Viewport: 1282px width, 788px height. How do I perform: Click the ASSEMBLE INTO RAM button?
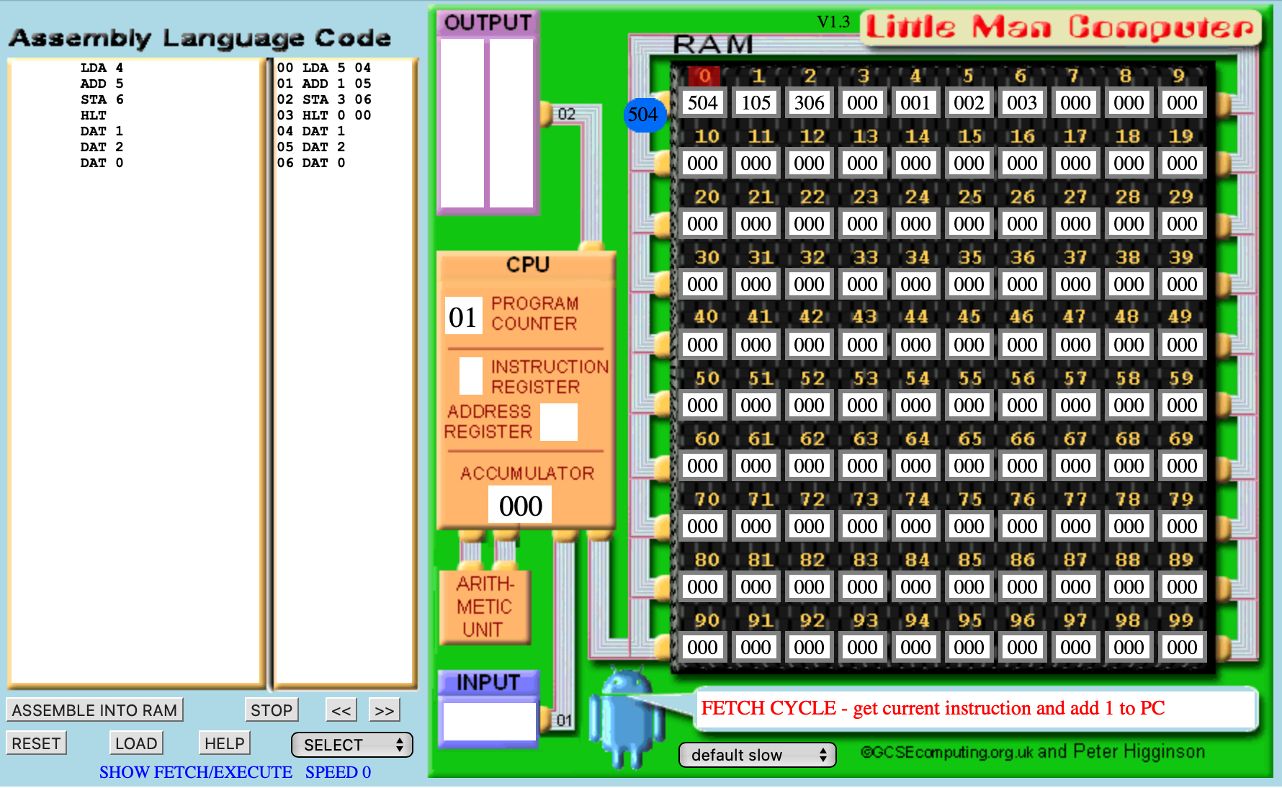point(94,710)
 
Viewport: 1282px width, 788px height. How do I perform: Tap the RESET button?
point(36,743)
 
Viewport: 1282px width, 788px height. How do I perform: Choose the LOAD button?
point(136,743)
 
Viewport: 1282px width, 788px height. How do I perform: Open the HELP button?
point(225,743)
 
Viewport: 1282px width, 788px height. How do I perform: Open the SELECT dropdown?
point(352,745)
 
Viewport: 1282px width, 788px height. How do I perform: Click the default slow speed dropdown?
point(758,755)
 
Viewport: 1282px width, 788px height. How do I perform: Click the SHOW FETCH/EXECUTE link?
point(196,772)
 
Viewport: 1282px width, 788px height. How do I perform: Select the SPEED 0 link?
point(338,772)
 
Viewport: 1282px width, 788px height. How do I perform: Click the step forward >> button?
point(385,710)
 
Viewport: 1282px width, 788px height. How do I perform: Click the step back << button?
point(341,710)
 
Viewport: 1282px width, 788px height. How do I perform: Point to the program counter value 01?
point(463,316)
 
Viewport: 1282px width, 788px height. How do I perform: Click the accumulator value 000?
point(520,505)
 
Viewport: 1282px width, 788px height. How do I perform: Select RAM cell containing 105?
point(756,102)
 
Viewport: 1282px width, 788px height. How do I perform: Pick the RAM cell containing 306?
point(809,102)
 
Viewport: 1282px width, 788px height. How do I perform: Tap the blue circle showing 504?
point(642,115)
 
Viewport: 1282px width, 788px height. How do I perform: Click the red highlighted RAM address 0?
point(704,76)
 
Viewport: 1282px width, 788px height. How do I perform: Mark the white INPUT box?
point(490,721)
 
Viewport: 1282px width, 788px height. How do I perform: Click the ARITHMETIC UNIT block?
point(485,606)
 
